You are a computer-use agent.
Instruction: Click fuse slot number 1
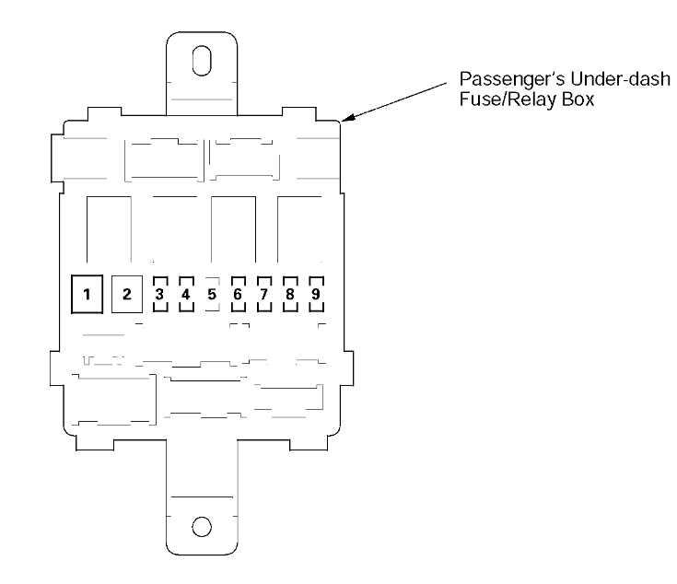click(88, 295)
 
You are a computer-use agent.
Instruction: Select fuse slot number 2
click(127, 295)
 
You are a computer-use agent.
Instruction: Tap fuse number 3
click(159, 295)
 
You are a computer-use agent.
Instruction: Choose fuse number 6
click(238, 295)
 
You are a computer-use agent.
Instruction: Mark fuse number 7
click(263, 295)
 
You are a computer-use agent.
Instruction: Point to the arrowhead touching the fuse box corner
click(347, 118)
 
